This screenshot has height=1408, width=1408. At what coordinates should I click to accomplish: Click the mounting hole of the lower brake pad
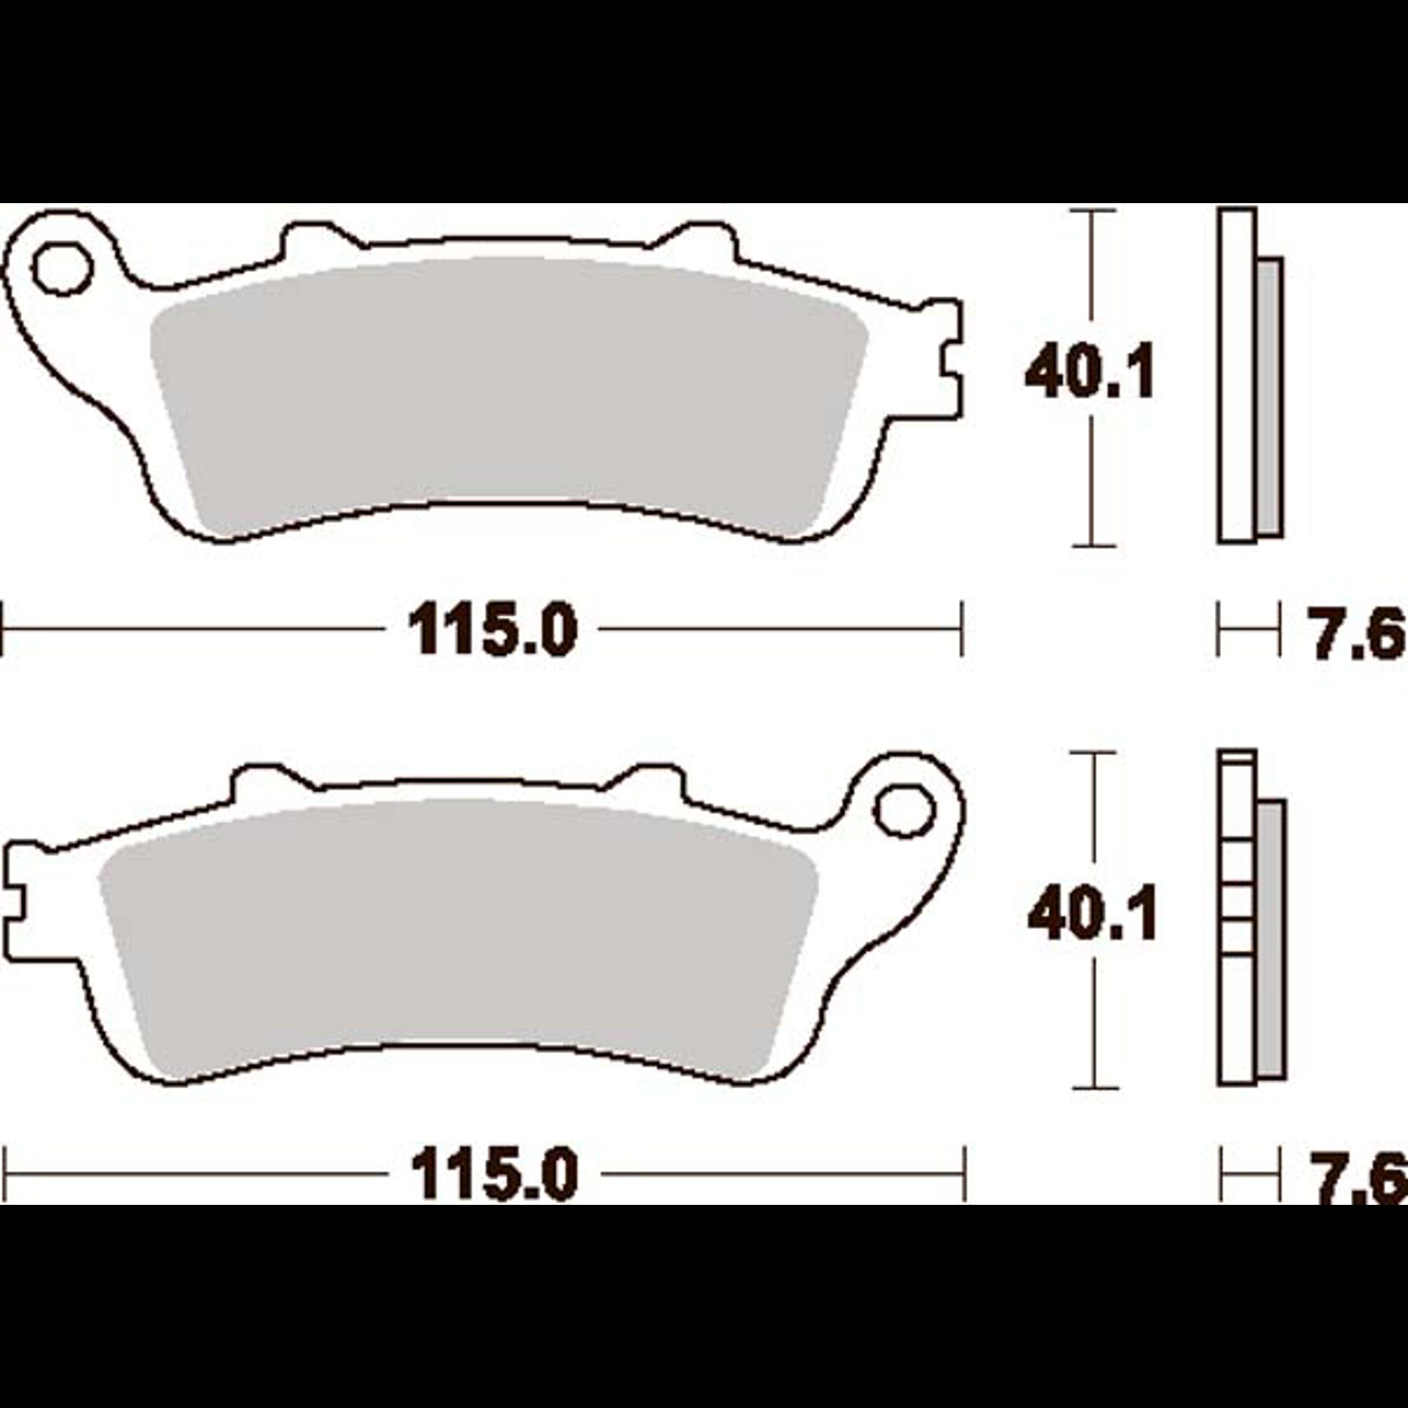(906, 811)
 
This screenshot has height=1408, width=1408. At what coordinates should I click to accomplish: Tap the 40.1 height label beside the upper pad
(1090, 373)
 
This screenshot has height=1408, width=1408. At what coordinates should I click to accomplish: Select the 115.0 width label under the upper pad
(493, 629)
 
